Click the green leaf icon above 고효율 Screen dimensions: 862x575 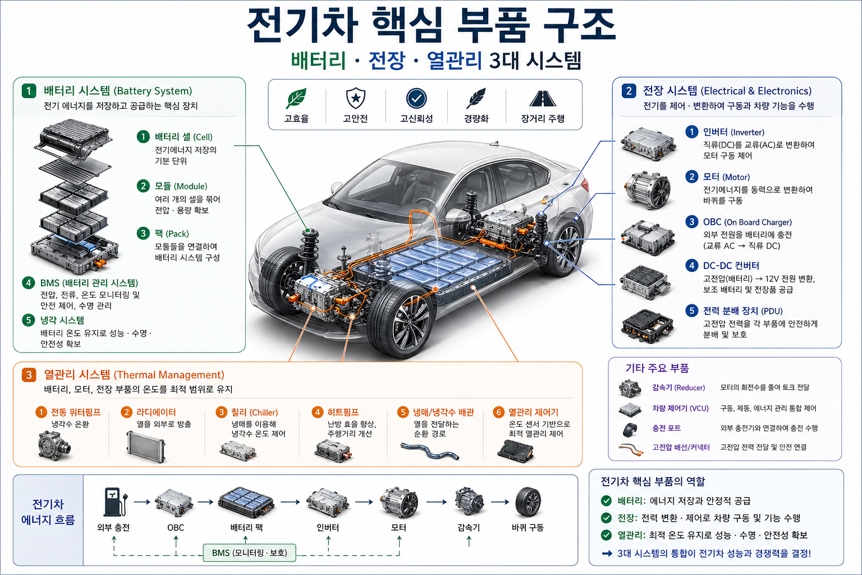pos(296,98)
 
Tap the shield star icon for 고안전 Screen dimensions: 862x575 pos(355,98)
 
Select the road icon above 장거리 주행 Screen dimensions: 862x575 pos(542,98)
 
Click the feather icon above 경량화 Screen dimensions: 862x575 pos(476,98)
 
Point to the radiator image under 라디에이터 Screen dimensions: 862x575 pos(146,446)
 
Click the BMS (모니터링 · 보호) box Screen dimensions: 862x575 pos(249,553)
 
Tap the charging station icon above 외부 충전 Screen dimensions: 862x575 pos(114,501)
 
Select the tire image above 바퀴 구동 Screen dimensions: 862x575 pos(528,501)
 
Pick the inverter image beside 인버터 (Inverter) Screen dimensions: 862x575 pos(647,144)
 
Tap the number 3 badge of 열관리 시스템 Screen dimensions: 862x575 pos(29,375)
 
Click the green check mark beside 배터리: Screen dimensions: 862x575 pos(606,500)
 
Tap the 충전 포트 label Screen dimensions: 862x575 pos(666,428)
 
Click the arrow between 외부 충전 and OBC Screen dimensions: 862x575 pos(142,501)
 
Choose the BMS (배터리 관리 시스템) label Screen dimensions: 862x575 pos(89,283)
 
